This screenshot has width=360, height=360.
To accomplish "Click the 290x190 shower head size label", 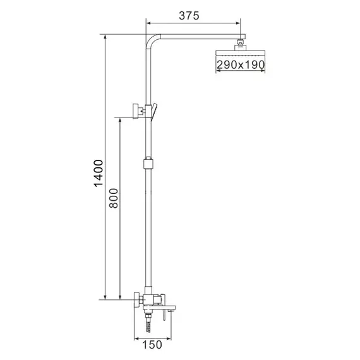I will click(241, 64).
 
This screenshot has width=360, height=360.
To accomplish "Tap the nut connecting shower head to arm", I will click(240, 44).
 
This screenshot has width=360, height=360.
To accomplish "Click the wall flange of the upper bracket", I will click(135, 110).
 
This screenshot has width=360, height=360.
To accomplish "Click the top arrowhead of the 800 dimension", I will click(120, 118).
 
